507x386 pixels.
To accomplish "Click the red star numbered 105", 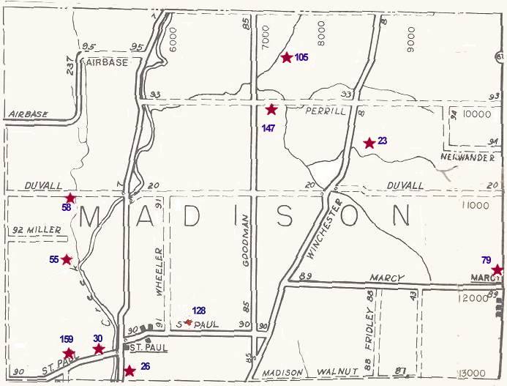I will coord(287,57).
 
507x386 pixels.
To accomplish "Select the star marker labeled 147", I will coord(271,109).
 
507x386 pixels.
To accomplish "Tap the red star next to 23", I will coord(369,143).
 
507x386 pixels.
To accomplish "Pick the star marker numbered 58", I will coord(70,198).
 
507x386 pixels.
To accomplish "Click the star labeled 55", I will coord(67,259).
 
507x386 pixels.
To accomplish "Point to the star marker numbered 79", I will coord(497,270).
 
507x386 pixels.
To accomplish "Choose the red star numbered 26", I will coord(129,371).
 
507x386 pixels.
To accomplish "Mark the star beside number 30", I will coord(99,349).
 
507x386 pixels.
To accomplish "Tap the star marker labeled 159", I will coord(69,354).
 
